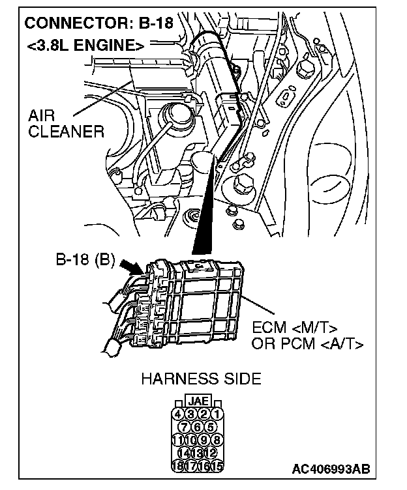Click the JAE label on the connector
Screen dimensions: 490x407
click(x=198, y=401)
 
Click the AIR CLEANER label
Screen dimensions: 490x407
click(x=66, y=124)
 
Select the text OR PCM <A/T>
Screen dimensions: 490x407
click(x=307, y=343)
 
